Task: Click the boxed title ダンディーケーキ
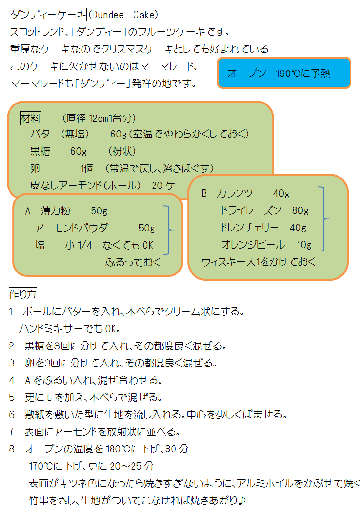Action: [x=48, y=15]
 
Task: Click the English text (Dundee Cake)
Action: [x=123, y=15]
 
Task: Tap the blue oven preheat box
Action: [x=284, y=73]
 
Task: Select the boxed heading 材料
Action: [x=31, y=118]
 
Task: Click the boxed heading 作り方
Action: [x=23, y=294]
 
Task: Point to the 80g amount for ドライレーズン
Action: [x=300, y=210]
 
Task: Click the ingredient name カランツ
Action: [x=234, y=193]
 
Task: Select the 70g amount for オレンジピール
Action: [x=303, y=245]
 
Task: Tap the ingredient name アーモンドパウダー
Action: [x=76, y=228]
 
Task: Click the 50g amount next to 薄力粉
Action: [x=99, y=211]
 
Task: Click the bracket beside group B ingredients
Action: [x=323, y=219]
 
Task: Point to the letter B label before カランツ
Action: [x=204, y=193]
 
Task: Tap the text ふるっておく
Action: [x=133, y=262]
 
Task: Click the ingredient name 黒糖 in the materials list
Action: [x=40, y=151]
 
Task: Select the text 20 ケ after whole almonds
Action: [x=163, y=186]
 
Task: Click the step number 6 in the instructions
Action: [x=12, y=415]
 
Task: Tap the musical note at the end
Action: [x=242, y=500]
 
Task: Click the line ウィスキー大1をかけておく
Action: [x=258, y=262]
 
